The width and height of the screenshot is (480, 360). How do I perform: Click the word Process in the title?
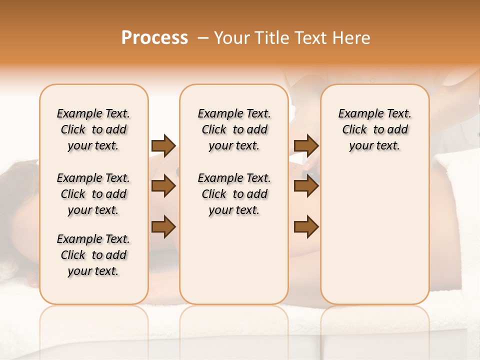pyautogui.click(x=154, y=37)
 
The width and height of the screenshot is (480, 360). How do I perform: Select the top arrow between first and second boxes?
pyautogui.click(x=163, y=146)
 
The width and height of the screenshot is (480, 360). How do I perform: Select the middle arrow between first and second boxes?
pyautogui.click(x=163, y=186)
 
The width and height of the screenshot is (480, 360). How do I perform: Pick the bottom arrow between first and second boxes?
pyautogui.click(x=163, y=226)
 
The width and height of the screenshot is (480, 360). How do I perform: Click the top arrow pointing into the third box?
pyautogui.click(x=306, y=146)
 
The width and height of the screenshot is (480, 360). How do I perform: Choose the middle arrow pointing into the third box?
pyautogui.click(x=306, y=186)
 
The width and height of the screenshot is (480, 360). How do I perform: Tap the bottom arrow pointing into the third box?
pyautogui.click(x=306, y=226)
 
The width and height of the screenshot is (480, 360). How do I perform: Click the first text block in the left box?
pyautogui.click(x=93, y=129)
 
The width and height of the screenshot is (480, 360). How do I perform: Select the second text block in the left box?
pyautogui.click(x=93, y=194)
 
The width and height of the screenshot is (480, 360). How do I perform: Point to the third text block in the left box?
pyautogui.click(x=93, y=255)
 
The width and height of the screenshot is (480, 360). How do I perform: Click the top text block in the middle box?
pyautogui.click(x=234, y=129)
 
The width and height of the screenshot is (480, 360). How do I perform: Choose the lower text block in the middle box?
pyautogui.click(x=234, y=194)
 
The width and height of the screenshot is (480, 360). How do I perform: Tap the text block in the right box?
pyautogui.click(x=374, y=129)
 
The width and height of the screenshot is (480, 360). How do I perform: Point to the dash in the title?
pyautogui.click(x=203, y=37)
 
